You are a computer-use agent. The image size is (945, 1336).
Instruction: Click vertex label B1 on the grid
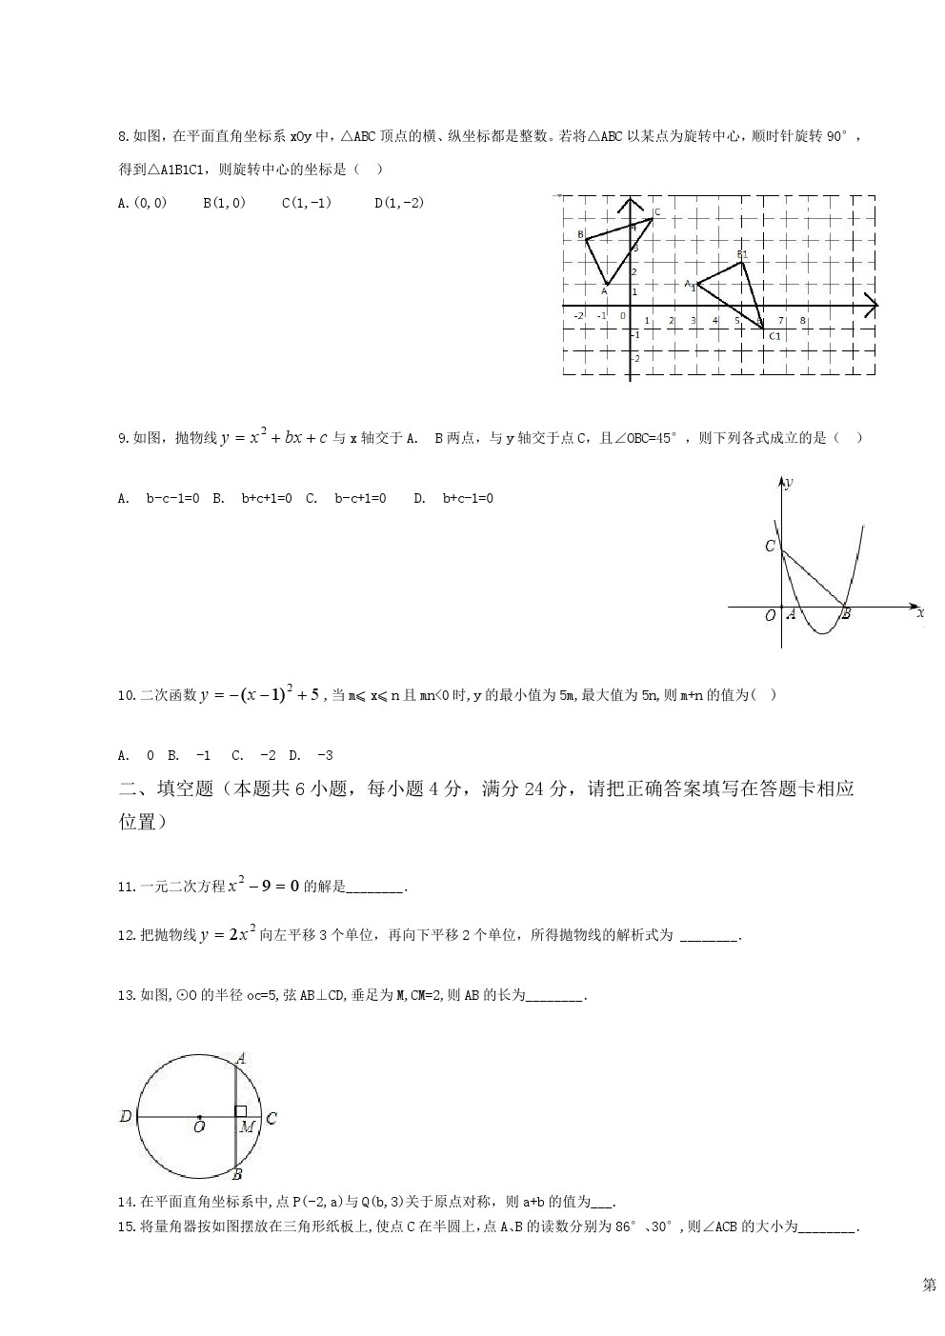point(742,254)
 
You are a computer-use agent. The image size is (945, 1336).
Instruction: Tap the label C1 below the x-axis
point(774,336)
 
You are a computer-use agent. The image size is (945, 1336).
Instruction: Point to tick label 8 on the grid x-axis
point(803,321)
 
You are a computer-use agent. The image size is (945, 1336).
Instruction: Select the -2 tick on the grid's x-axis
point(578,315)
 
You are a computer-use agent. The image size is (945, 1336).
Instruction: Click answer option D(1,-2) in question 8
point(399,202)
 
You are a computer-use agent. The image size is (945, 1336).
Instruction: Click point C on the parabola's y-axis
point(770,547)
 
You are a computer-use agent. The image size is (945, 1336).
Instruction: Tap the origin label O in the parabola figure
point(770,616)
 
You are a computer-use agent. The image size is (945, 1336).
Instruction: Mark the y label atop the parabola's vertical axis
point(790,482)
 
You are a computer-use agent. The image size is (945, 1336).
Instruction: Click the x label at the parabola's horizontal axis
point(920,613)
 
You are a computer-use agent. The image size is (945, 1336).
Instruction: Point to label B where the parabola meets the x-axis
point(845,614)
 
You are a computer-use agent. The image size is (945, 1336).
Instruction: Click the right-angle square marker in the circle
point(241,1111)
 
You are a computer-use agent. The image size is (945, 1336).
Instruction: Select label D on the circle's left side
point(125,1116)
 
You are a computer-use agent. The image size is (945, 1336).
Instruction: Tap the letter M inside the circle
point(247,1127)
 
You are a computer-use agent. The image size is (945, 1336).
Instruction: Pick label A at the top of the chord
point(241,1057)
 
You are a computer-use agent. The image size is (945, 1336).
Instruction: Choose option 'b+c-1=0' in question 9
point(467,498)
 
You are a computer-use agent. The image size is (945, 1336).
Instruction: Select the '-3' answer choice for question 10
point(324,755)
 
